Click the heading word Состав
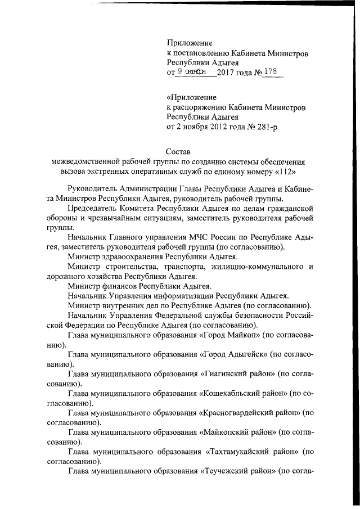pos(179,150)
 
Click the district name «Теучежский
pos(228,471)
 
